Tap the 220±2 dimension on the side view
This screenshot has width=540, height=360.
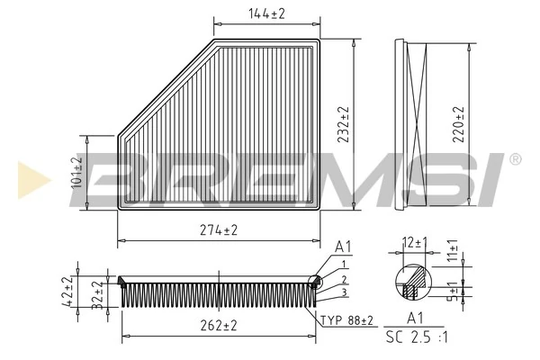tap(459, 122)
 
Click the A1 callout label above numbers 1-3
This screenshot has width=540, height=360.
tap(343, 246)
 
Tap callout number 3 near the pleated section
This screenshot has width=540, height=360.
tap(345, 293)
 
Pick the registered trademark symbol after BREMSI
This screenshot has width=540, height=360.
tap(515, 159)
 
